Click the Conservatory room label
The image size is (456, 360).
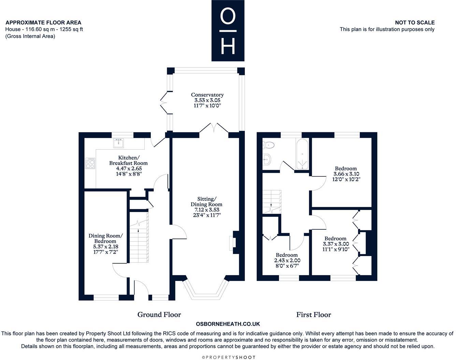207,95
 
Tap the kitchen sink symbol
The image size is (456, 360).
119,143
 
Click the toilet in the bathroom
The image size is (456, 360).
269,145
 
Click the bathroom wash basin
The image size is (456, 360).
266,159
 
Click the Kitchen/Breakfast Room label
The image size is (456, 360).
129,160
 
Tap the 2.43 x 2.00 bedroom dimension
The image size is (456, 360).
287,260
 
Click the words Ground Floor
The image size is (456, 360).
159,314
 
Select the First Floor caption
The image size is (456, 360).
313,315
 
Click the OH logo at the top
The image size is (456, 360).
228,31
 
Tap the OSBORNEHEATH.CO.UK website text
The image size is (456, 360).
228,324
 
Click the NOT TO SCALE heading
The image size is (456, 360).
415,22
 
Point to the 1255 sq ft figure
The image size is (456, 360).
71,29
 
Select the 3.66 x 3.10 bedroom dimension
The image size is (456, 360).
346,174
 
